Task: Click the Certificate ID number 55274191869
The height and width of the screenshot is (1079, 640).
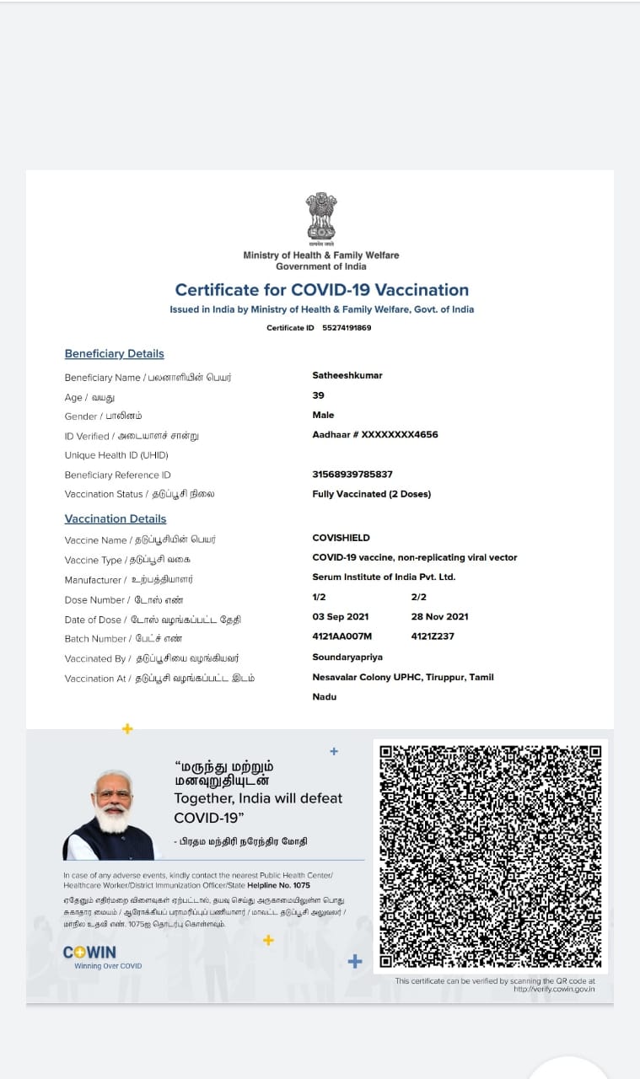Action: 347,328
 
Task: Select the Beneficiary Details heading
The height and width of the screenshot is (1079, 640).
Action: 115,354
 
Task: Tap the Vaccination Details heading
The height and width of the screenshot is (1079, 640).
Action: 116,519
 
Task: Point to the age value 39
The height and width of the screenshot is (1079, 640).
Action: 318,395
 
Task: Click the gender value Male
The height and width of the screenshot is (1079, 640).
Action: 323,415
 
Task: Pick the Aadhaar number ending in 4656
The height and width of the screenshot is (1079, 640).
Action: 375,435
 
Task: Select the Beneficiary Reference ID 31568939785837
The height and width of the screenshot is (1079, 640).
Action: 352,475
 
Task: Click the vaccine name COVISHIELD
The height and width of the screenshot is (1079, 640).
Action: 341,538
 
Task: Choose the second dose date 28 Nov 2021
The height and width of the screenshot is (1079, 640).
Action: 439,617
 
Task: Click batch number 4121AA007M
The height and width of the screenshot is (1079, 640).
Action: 342,636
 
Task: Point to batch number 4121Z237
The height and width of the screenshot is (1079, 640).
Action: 433,636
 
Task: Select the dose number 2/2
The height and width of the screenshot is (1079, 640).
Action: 418,598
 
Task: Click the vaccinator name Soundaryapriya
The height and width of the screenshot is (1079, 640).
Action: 347,658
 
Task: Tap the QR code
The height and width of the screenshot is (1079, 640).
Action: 490,856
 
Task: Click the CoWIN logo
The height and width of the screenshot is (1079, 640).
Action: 90,953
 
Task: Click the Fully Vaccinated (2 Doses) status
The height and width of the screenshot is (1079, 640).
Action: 371,494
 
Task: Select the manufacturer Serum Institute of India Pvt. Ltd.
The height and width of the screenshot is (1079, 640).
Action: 384,577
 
